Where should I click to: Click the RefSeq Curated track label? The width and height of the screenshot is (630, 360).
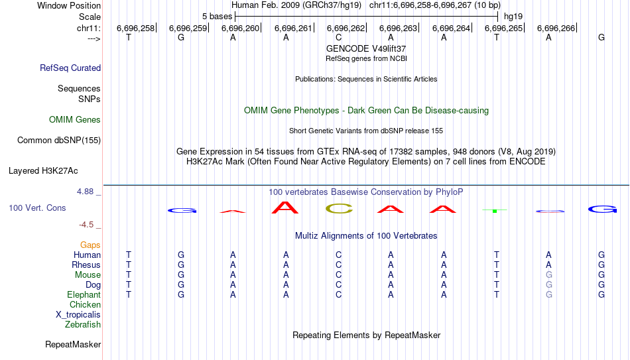pos(70,68)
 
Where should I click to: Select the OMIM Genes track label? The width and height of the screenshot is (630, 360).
pos(75,120)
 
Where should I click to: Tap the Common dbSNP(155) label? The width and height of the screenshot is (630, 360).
pos(59,141)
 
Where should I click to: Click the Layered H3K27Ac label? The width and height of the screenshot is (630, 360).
pos(43,171)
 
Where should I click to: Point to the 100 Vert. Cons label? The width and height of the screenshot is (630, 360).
pos(37,208)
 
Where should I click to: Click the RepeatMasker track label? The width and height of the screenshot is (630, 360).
pos(73,344)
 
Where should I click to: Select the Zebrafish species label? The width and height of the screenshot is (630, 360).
pos(83,324)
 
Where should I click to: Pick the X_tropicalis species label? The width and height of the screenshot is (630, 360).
pos(78,315)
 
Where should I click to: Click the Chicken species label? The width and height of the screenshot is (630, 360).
pos(85,304)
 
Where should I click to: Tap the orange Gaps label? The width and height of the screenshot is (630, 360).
pos(90,245)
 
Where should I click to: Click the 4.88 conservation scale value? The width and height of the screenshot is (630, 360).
pos(85,192)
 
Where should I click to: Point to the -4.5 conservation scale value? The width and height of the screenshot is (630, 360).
pos(86,225)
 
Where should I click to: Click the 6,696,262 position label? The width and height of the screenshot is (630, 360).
pos(346,28)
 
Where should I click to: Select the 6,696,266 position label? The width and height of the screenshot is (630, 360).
pos(556,28)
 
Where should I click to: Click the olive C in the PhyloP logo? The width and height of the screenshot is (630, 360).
pos(339,209)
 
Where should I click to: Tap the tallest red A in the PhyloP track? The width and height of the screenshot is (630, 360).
pos(285,208)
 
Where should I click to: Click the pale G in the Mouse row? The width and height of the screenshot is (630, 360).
pos(549,275)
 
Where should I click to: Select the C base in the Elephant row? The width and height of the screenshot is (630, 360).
pos(339,294)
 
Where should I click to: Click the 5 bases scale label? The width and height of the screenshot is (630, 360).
pos(217,17)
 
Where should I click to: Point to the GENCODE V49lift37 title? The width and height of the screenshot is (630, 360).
pos(366,48)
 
